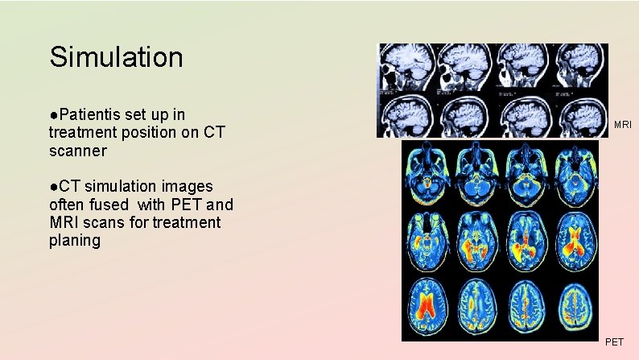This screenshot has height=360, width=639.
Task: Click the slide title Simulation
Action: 116,57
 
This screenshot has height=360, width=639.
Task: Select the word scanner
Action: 77,151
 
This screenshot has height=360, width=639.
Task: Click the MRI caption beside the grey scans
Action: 622,125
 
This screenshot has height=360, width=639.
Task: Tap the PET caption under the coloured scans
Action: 613,342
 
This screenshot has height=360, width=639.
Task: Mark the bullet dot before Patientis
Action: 52,115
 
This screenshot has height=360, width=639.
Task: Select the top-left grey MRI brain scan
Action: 406,66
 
